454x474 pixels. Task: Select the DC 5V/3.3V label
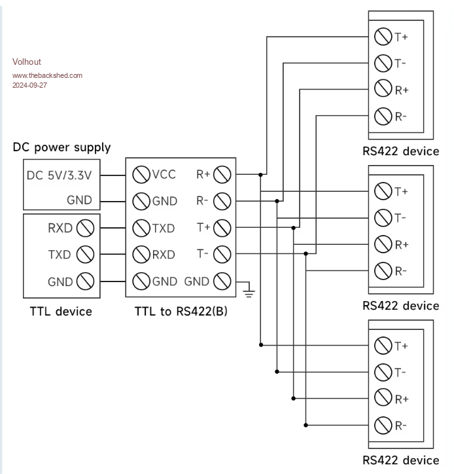(59, 175)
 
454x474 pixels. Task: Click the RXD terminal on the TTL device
(86, 228)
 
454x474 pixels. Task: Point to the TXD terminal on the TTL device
(86, 255)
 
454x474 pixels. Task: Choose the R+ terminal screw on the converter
(222, 175)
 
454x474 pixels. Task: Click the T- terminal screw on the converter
(222, 255)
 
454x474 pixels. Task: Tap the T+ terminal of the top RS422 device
(383, 37)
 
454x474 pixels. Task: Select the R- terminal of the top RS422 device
(383, 117)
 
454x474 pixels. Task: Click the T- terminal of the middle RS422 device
(383, 218)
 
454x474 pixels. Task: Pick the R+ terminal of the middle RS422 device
(383, 244)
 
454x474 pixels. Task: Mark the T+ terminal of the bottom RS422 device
(383, 345)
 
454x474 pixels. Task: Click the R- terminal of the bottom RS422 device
(383, 425)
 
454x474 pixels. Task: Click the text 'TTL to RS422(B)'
(181, 312)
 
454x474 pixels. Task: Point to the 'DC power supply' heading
(61, 147)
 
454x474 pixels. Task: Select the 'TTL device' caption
(61, 312)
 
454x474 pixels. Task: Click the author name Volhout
(27, 62)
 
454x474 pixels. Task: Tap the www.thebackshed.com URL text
(47, 75)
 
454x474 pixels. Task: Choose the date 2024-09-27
(30, 85)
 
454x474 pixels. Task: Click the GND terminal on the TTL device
(86, 282)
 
